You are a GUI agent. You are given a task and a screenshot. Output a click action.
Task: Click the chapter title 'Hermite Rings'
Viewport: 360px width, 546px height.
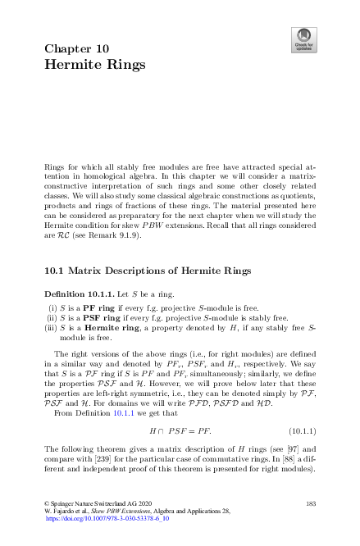click(95, 64)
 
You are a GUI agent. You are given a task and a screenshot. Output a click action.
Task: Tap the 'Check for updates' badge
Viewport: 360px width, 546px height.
click(303, 39)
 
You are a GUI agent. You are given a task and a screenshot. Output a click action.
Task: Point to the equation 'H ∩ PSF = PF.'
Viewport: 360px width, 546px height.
click(180, 430)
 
